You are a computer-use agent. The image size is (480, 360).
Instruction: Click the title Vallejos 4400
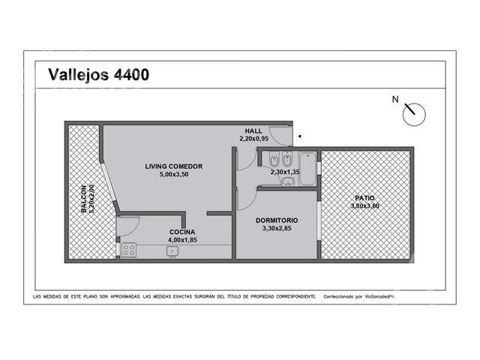pos(98,74)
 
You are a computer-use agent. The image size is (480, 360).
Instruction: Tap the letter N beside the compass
pos(395,100)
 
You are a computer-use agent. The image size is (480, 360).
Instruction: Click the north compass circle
pos(414,114)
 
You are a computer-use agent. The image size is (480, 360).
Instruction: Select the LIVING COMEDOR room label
pos(173,166)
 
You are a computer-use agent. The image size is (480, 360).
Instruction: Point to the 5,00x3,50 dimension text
pos(174,175)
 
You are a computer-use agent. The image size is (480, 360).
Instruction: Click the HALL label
pos(253,131)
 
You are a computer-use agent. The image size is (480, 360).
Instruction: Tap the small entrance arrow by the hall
pos(300,136)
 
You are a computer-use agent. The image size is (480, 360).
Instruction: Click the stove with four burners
pos(129,250)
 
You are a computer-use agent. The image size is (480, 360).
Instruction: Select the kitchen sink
pos(172,251)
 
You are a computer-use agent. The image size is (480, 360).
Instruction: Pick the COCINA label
pos(182,232)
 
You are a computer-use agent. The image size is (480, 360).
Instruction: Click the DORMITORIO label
pos(277,220)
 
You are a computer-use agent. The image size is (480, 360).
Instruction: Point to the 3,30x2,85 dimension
pos(277,228)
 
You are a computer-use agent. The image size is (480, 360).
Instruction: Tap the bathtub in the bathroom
pos(307,169)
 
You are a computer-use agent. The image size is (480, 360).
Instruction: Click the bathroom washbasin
pos(288,181)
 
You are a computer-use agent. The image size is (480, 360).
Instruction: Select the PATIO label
pos(365,198)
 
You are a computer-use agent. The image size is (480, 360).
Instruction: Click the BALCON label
pos(83,199)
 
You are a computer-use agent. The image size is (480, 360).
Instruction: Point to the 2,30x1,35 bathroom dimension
pos(285,172)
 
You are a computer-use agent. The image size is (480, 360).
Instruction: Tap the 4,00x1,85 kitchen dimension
pos(182,240)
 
